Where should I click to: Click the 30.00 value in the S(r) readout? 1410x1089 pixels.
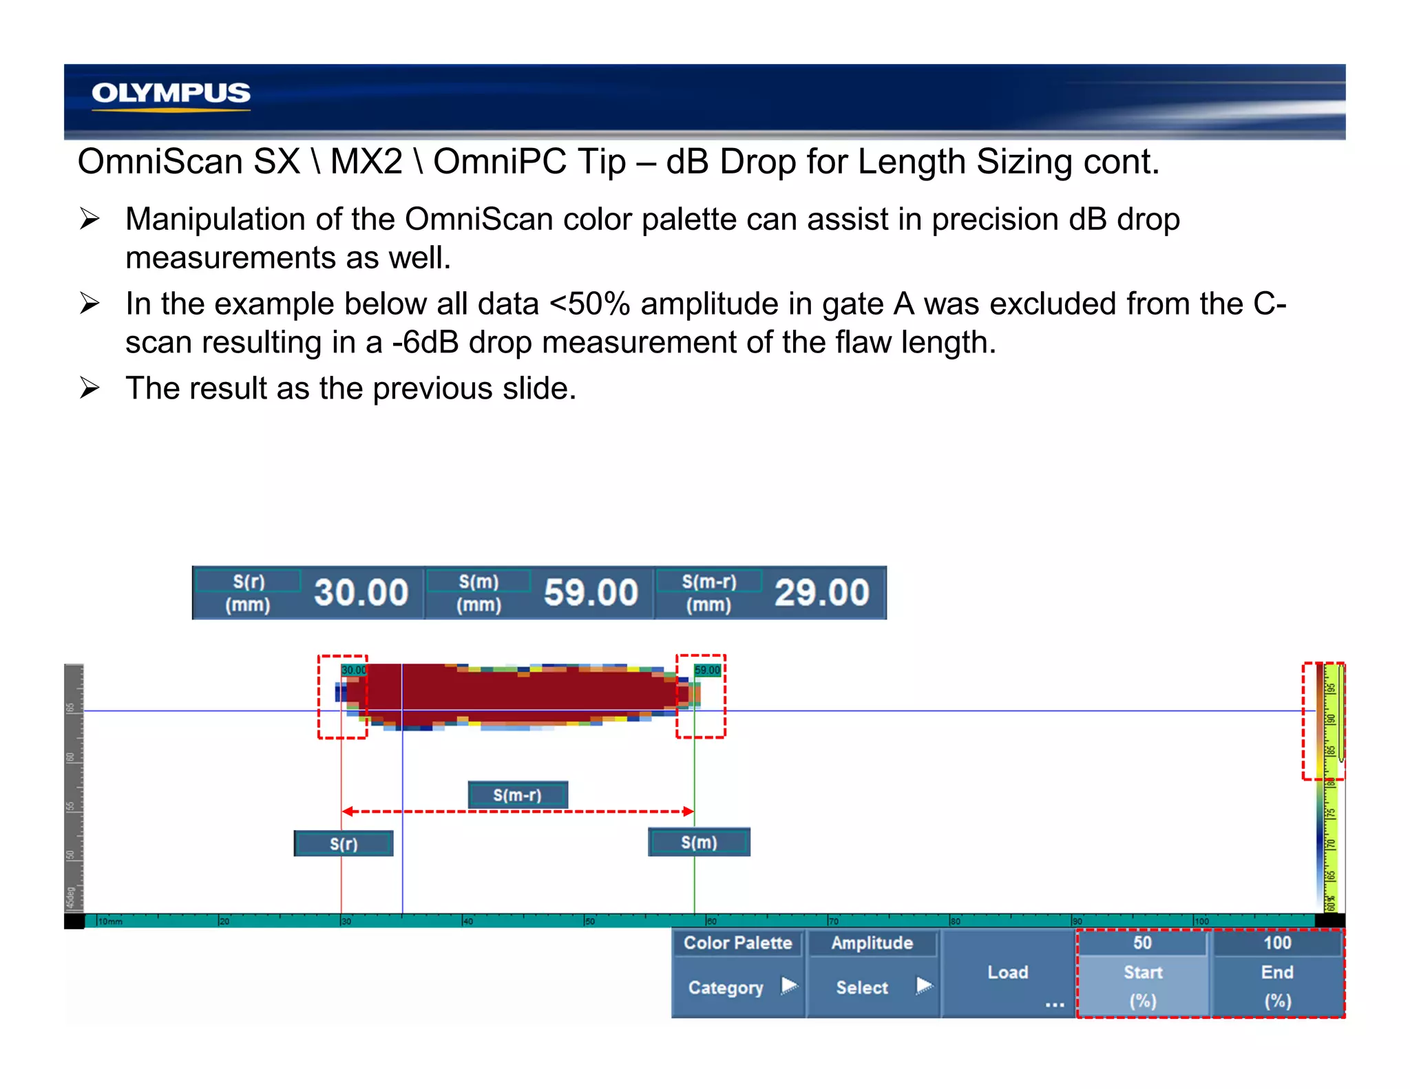[x=361, y=593]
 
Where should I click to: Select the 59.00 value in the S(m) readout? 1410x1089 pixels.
[x=591, y=593]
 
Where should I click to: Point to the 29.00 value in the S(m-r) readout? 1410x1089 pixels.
[x=821, y=593]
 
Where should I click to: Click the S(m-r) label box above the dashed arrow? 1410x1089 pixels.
[x=518, y=795]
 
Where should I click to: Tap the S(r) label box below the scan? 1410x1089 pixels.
[x=344, y=843]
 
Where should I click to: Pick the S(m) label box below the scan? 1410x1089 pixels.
[x=699, y=843]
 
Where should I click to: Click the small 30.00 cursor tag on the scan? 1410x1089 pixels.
[x=354, y=670]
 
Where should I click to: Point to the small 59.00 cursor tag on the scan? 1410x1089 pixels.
[x=707, y=670]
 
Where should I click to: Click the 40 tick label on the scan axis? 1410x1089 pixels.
[x=468, y=921]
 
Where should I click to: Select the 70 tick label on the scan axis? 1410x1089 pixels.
[x=834, y=921]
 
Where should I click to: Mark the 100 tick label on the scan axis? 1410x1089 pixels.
[x=1201, y=921]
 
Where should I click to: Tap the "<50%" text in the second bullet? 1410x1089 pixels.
[x=589, y=304]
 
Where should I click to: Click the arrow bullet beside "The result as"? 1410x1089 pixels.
[x=90, y=388]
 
